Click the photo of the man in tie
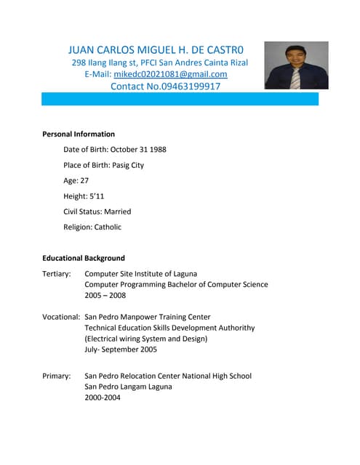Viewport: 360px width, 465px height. click(x=296, y=65)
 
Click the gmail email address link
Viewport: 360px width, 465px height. click(x=171, y=74)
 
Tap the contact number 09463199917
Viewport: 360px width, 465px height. click(x=184, y=86)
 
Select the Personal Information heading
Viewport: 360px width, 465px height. click(x=79, y=134)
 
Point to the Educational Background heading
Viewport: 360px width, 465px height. click(x=84, y=258)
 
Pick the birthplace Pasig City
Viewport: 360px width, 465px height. click(x=128, y=165)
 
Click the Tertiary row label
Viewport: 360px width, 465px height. click(x=57, y=274)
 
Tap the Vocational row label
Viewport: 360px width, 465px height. click(x=61, y=317)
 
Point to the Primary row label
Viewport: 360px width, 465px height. click(x=57, y=376)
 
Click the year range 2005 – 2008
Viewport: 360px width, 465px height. click(x=105, y=295)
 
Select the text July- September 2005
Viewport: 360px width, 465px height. click(x=121, y=349)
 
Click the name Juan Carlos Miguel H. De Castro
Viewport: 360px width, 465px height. click(x=161, y=50)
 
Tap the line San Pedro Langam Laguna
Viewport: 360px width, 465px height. click(x=129, y=387)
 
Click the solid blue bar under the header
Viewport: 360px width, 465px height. click(x=180, y=100)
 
